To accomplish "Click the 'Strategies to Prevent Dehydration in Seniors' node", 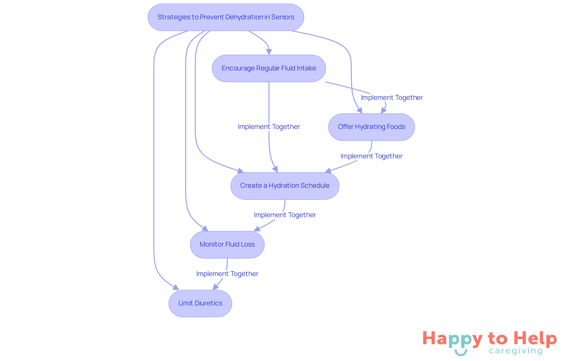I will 226,17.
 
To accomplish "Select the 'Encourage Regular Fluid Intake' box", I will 269,68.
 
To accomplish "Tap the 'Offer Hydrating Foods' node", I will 371,127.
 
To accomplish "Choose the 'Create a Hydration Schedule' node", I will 285,186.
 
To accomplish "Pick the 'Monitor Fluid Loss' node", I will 227,245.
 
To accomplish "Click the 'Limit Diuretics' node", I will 200,303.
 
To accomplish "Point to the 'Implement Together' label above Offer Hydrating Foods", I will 392,98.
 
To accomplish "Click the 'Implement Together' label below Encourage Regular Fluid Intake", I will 269,127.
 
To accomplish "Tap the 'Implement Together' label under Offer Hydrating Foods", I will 371,156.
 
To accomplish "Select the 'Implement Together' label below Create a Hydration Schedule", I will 285,215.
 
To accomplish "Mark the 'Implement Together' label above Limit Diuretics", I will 227,274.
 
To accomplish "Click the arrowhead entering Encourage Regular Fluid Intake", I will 269,52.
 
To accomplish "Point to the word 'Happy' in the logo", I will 452,339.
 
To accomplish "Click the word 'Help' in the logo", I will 535,338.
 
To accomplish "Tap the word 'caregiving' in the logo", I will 516,351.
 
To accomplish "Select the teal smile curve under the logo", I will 461,353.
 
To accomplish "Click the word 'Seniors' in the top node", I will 283,17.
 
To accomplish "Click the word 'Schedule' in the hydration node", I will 315,186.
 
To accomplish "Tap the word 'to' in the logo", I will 498,339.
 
